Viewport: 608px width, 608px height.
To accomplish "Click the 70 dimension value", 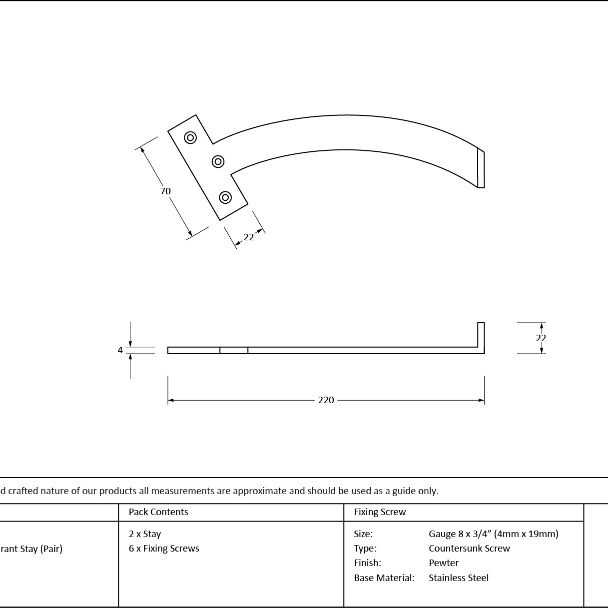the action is click(165, 191).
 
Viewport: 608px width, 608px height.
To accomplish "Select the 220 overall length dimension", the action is click(326, 400).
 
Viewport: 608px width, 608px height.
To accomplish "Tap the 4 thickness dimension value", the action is click(120, 350).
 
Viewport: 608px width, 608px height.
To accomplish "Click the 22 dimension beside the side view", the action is click(541, 338).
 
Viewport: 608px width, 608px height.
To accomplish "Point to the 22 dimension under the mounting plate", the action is click(249, 237).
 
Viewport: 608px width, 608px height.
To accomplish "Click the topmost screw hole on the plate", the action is click(190, 137).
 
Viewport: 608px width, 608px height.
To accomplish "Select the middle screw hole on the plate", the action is click(218, 161).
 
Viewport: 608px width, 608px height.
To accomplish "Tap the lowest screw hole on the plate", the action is click(225, 197).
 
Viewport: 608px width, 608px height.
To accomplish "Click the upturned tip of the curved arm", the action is click(481, 169).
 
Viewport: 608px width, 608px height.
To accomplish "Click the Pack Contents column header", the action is click(158, 512).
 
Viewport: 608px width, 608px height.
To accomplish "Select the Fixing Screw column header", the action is click(380, 512).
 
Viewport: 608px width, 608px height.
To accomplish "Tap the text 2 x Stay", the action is click(145, 534).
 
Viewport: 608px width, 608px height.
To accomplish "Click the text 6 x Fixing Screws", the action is click(164, 549).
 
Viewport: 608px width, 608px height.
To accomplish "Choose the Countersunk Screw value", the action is click(469, 549).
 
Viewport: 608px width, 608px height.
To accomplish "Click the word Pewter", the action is click(444, 563).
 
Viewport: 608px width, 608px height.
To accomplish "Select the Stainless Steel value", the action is click(459, 578).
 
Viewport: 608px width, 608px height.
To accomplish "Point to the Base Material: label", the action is click(384, 578).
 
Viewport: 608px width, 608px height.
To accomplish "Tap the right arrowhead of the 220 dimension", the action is click(482, 400).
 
